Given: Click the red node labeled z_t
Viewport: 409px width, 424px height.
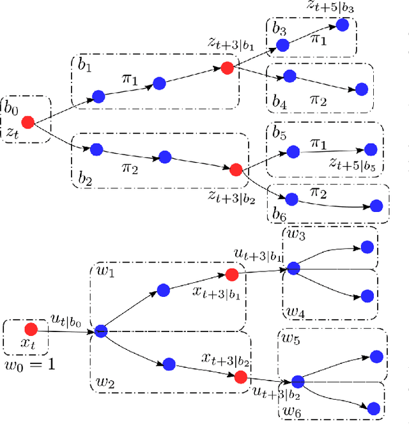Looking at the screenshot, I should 27,121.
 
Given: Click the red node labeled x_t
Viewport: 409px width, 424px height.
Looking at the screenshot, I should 29,329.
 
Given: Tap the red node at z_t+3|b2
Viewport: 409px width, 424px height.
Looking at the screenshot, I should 235,169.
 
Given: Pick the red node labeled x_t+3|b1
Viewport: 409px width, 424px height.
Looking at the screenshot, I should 231,275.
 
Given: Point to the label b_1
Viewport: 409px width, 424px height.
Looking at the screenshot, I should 84,66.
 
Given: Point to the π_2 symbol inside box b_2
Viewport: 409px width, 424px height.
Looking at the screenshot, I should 130,167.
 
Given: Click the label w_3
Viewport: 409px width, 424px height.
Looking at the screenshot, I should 295,235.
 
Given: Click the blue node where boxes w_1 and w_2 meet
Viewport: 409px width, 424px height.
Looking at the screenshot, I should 100,331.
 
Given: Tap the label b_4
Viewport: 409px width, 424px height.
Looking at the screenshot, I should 278,101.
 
